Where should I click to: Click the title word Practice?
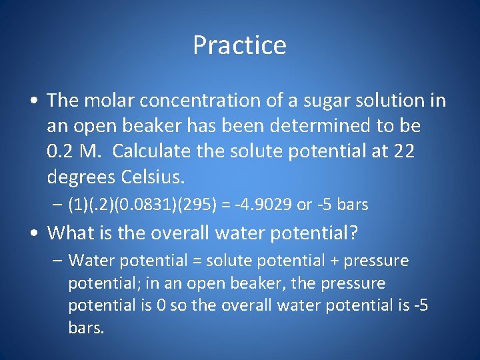(x=239, y=45)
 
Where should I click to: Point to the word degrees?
(x=81, y=177)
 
